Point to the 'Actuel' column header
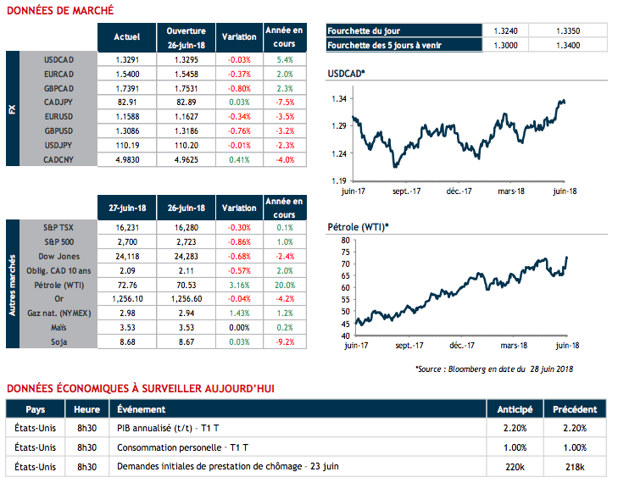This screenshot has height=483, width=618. pos(126,37)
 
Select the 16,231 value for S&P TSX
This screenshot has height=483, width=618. pos(126,228)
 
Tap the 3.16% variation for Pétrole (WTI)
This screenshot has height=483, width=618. pos(238,284)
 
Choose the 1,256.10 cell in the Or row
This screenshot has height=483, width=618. pos(126,298)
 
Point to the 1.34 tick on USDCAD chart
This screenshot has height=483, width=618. pos(338,99)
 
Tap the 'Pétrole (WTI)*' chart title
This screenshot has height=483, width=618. pos(358,227)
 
